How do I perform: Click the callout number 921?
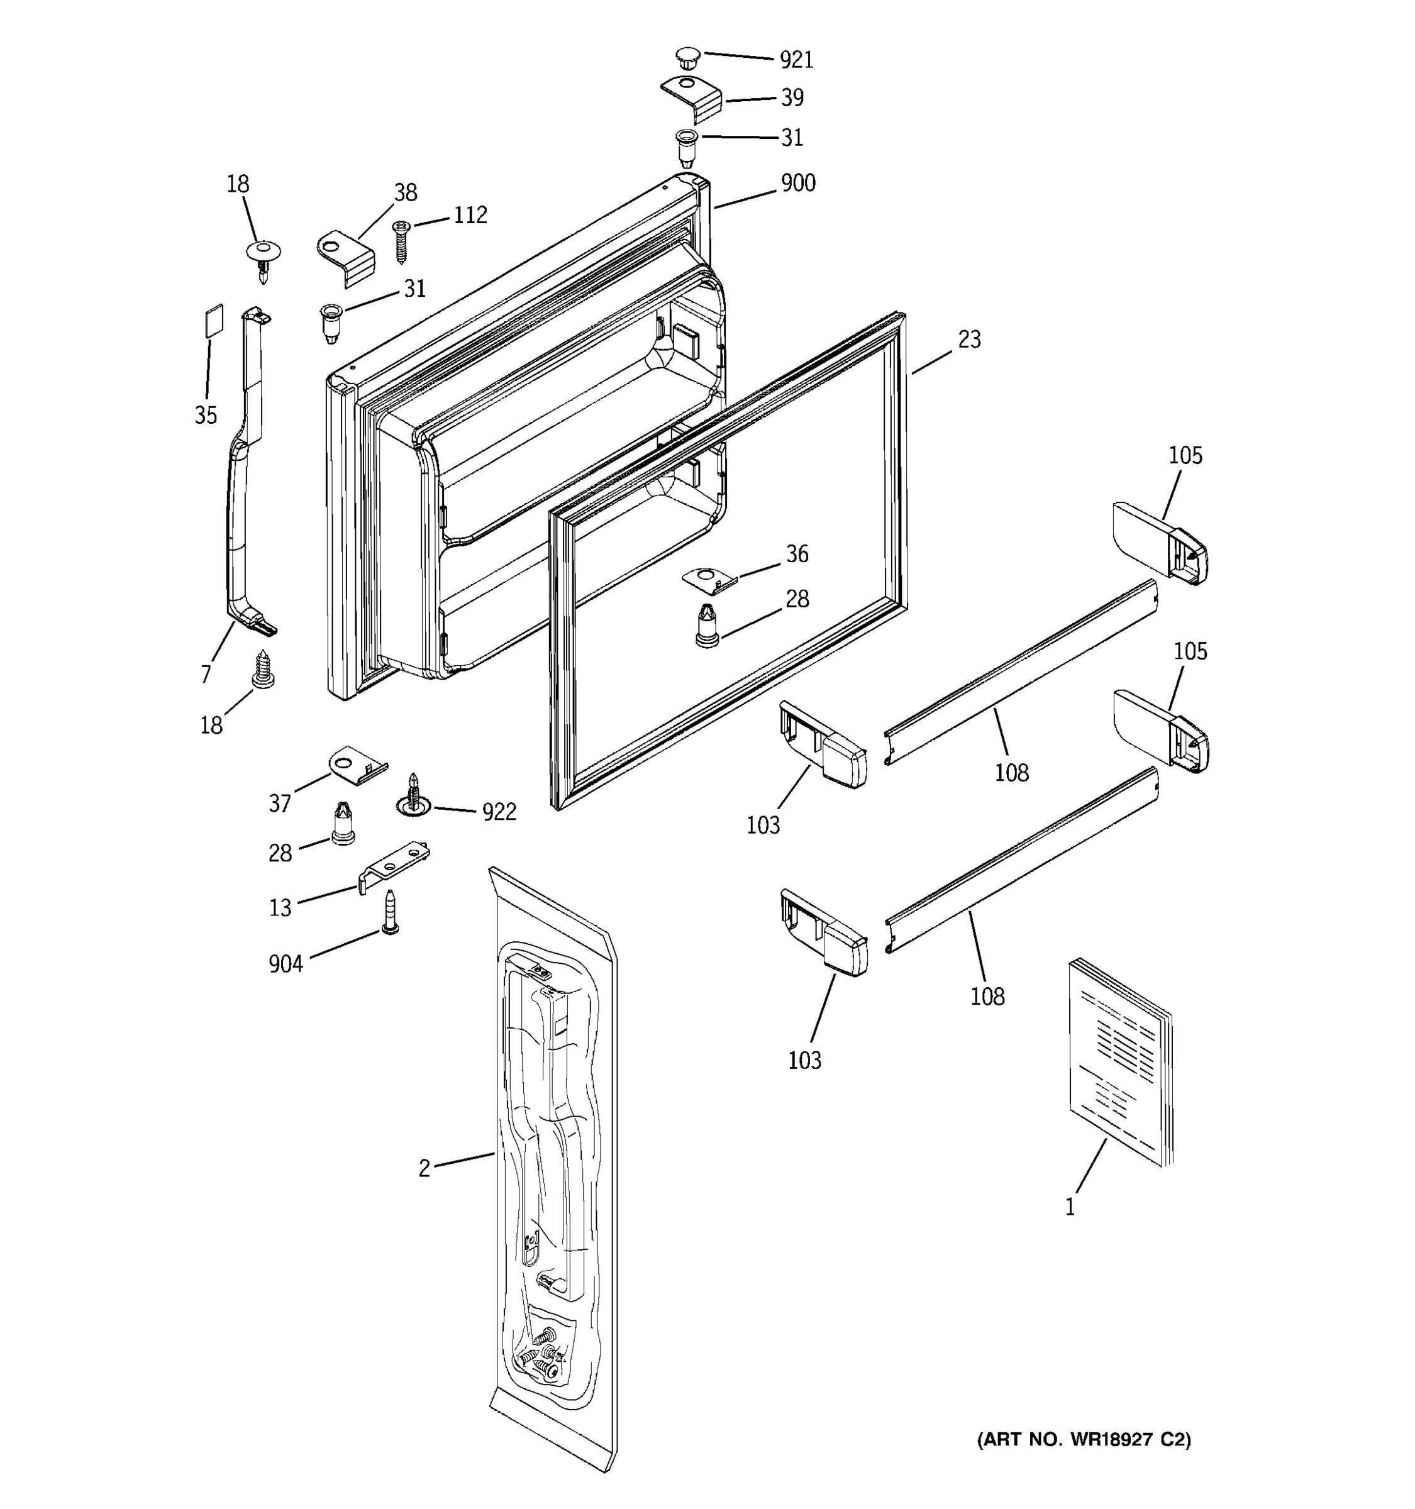796,60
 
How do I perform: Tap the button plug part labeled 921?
687,58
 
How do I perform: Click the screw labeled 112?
401,241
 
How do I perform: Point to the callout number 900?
798,184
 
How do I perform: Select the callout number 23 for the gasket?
968,340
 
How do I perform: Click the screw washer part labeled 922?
413,797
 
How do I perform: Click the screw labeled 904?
390,913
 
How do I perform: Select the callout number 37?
280,803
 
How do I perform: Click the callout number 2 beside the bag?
424,1168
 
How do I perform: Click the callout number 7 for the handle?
206,673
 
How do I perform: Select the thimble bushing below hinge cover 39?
686,147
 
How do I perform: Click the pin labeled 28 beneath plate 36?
707,627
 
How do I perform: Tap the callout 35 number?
206,415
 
